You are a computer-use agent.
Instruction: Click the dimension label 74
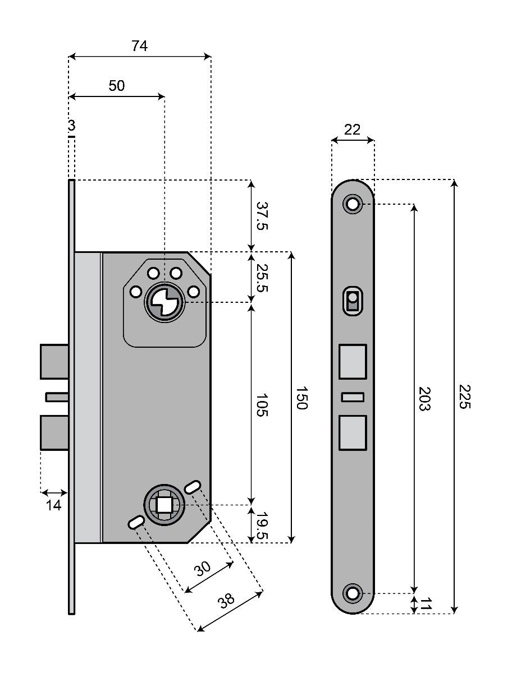140,47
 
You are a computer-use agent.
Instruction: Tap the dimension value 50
117,86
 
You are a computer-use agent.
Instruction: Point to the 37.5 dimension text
262,216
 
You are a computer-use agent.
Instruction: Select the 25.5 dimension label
262,278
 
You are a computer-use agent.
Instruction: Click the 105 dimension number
262,404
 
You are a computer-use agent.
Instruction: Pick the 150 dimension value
301,398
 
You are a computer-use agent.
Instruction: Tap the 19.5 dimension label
262,525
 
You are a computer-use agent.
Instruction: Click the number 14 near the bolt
53,505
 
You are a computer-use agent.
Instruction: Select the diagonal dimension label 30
203,570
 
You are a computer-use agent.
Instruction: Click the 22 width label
352,130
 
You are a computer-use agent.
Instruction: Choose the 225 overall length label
463,397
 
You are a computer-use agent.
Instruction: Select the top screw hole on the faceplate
353,204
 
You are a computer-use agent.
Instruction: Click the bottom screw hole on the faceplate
353,593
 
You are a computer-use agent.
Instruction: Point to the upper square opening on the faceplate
353,362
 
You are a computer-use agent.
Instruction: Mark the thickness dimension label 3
71,126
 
